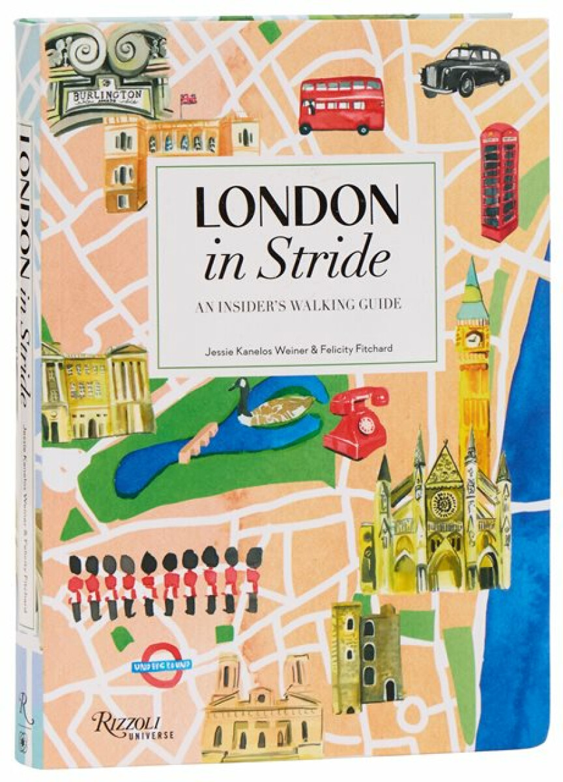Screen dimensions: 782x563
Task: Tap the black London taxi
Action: pyautogui.click(x=465, y=70)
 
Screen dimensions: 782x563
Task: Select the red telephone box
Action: pyautogui.click(x=500, y=181)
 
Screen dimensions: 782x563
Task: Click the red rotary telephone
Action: pyautogui.click(x=356, y=421)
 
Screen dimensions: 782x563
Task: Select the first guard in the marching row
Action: pyautogui.click(x=76, y=584)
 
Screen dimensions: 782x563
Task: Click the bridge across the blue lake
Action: pyautogui.click(x=198, y=441)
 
